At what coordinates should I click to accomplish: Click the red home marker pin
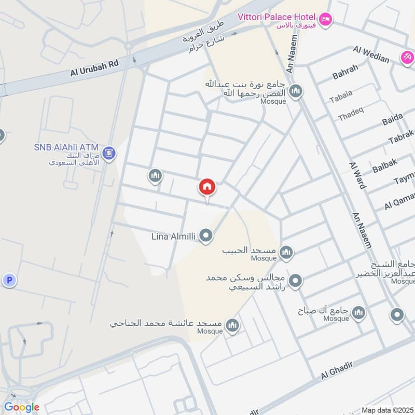point(207,187)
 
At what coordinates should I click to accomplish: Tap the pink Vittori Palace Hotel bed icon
point(325,19)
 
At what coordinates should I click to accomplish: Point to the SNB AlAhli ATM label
point(66,148)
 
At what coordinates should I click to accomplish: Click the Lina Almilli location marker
point(206,237)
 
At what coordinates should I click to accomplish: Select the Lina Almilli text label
point(173,237)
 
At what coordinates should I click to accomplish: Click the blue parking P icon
point(8,281)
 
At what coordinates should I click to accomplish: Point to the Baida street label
point(392,120)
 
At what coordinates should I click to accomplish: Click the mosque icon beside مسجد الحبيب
point(286,253)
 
